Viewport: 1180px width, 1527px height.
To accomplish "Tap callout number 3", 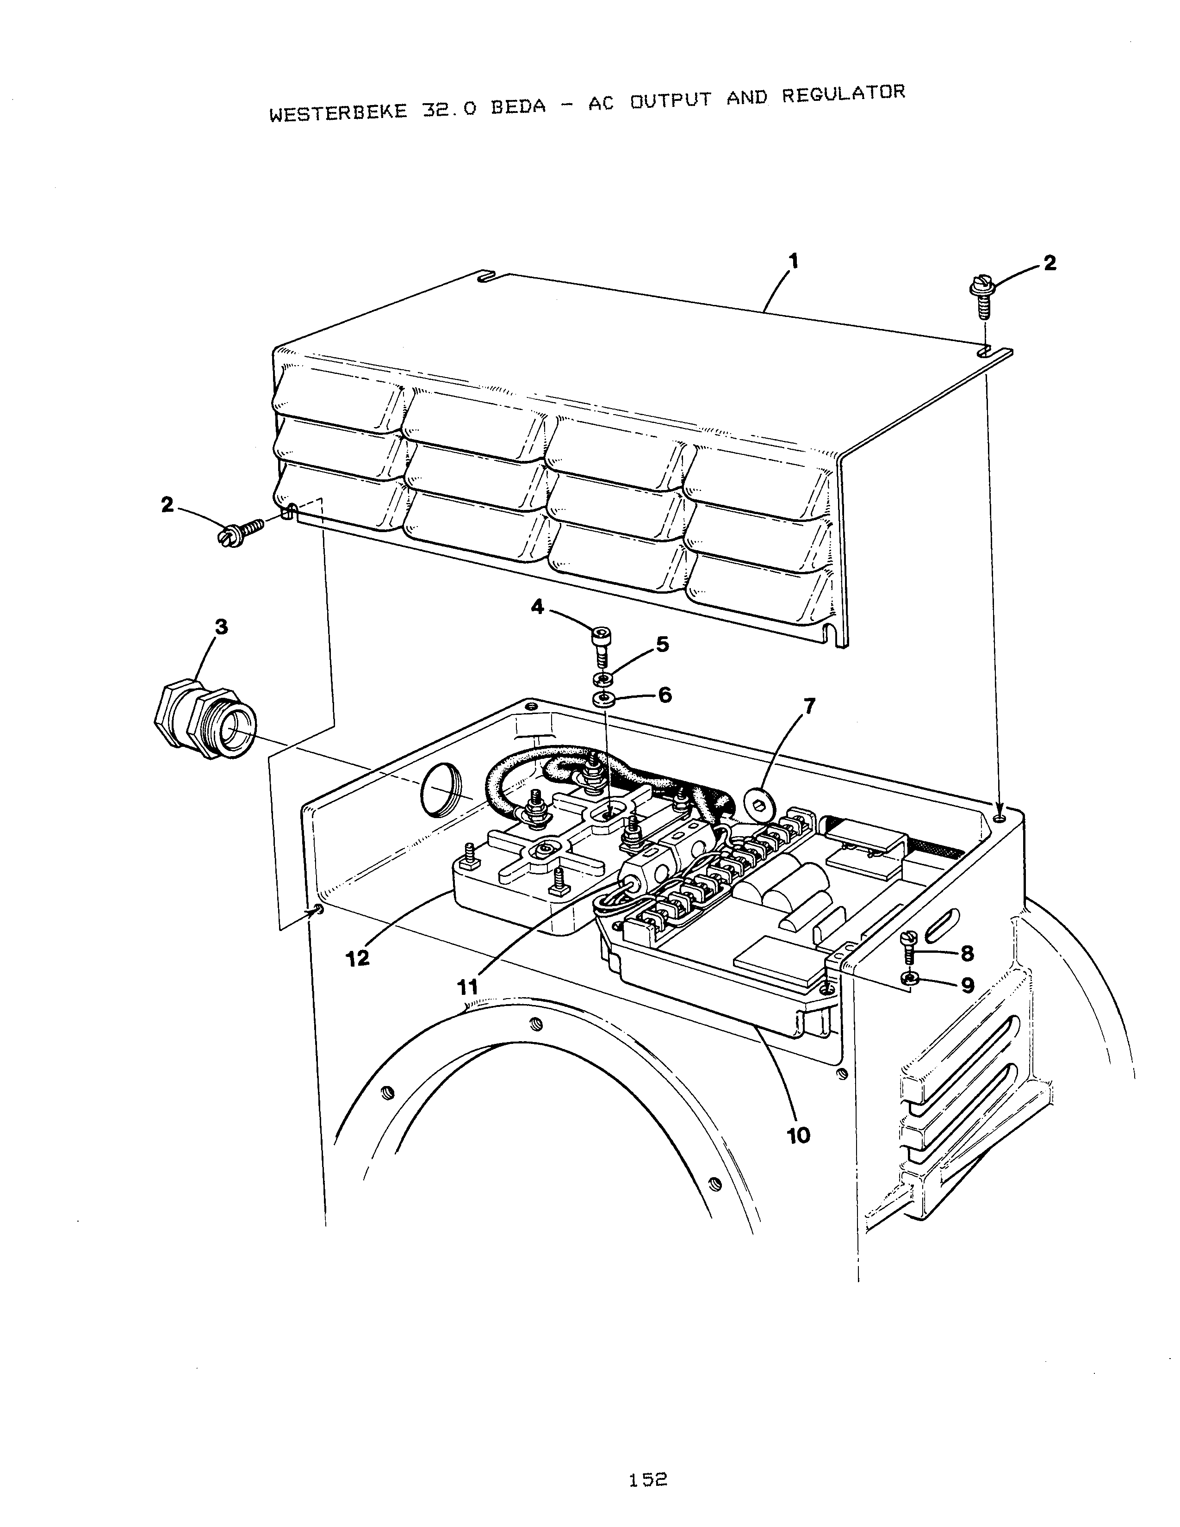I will tap(221, 627).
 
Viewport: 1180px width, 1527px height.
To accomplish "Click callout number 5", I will tap(661, 645).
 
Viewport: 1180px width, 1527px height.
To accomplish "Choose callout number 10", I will tap(798, 1136).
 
